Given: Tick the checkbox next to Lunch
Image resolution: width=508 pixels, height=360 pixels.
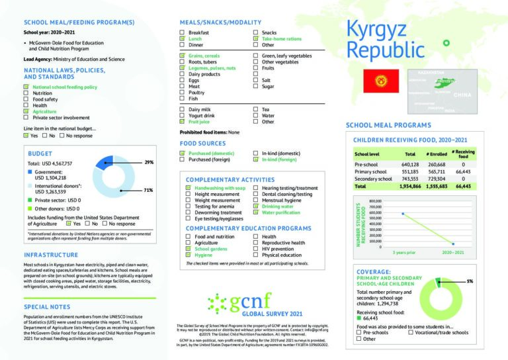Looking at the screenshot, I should [x=183, y=39].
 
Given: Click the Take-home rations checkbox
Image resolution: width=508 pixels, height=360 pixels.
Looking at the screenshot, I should [x=255, y=39].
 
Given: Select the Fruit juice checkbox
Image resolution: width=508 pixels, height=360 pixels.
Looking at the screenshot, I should [x=183, y=122].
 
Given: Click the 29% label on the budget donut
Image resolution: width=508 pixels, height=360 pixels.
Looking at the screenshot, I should [x=149, y=161].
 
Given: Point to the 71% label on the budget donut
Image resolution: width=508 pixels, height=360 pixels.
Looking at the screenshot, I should [x=149, y=190].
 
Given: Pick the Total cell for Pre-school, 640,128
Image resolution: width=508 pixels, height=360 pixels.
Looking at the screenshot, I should [x=410, y=164].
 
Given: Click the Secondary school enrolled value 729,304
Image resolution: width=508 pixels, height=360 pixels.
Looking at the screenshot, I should [x=438, y=179].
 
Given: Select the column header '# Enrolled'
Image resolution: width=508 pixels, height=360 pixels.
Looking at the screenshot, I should [x=437, y=154].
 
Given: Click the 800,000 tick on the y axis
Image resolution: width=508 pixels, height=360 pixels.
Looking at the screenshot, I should [x=376, y=201].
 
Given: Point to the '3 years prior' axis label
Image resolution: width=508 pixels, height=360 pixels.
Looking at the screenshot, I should [x=404, y=252].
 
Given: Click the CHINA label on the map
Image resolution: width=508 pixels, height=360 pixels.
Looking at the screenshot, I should [x=462, y=95].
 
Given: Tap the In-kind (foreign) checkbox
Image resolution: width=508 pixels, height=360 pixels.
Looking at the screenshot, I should [x=255, y=159].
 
